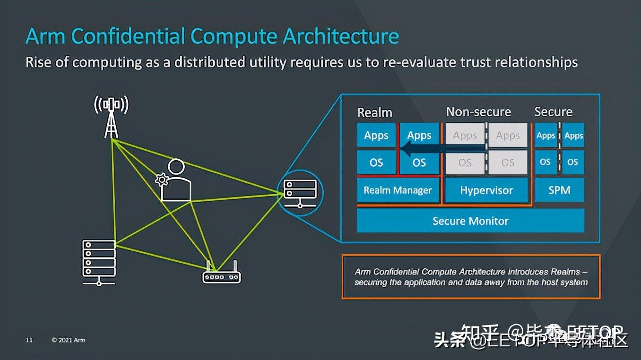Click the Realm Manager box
(x=398, y=190)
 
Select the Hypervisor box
(x=486, y=190)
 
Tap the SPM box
(x=559, y=190)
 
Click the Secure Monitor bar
(x=470, y=221)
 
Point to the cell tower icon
(x=112, y=116)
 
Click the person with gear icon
(x=174, y=181)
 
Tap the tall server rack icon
(x=99, y=262)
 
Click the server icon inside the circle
(x=300, y=193)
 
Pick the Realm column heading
(x=374, y=112)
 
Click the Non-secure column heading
(x=478, y=112)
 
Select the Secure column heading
(x=553, y=112)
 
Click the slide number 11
(x=29, y=340)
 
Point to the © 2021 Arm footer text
(x=69, y=340)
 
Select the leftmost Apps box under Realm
(x=376, y=136)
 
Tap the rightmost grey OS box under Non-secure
(x=508, y=163)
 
